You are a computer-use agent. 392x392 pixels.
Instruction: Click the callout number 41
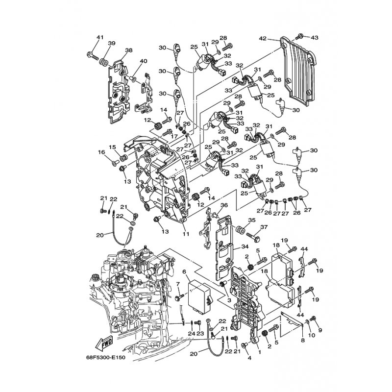coord(100,38)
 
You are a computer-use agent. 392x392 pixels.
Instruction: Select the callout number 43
coord(314,38)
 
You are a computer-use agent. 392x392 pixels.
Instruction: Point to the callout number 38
coord(129,50)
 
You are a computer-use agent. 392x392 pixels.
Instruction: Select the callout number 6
coord(184,271)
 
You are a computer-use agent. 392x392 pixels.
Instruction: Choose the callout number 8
coord(302,340)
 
